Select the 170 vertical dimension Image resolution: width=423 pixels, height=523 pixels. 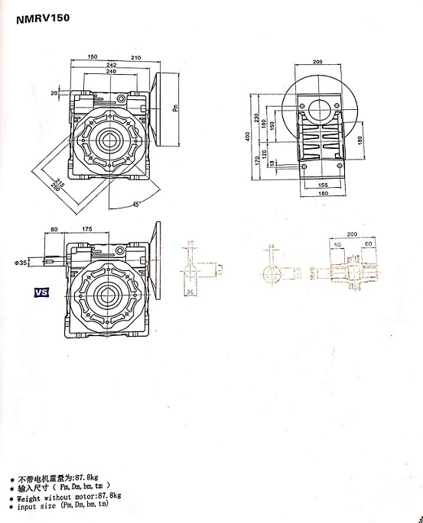256,162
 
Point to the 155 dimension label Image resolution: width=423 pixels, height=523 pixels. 323,185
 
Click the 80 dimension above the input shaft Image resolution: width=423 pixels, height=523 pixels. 54,228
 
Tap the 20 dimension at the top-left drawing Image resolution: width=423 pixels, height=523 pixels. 54,92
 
